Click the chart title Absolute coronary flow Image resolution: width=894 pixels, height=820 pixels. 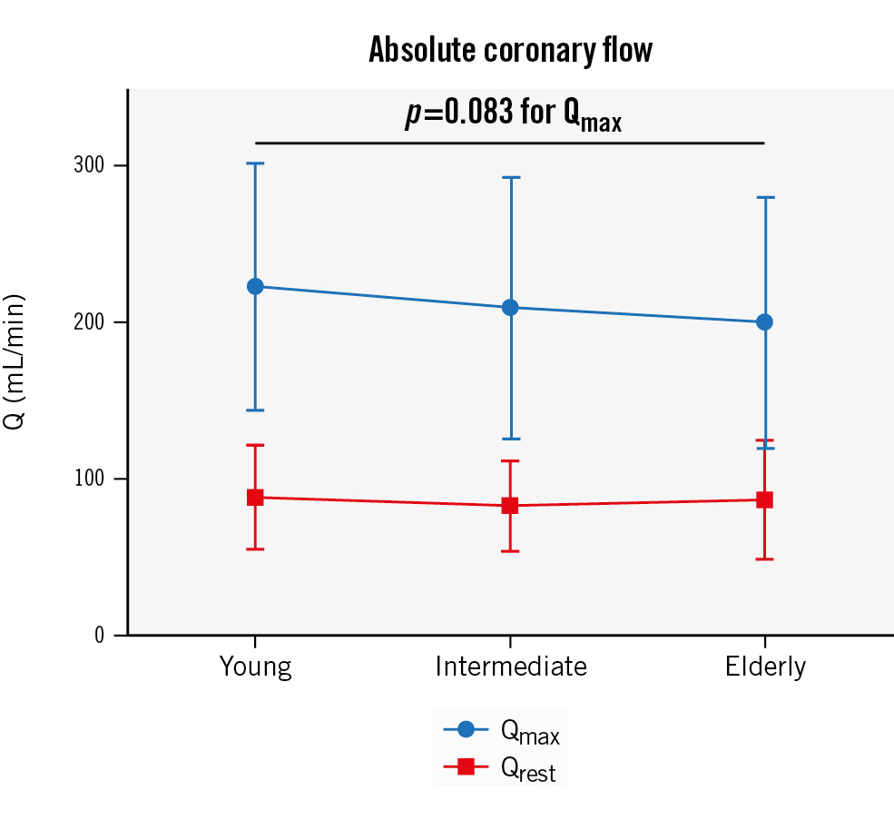[510, 50]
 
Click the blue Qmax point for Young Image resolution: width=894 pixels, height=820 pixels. [255, 287]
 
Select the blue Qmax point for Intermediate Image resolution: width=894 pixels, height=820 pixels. [510, 308]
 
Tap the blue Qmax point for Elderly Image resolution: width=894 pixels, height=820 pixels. [764, 322]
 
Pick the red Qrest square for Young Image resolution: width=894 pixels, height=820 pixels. [255, 498]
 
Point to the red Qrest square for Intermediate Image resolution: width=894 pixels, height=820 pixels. [510, 506]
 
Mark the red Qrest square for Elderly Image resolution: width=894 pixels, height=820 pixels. [764, 500]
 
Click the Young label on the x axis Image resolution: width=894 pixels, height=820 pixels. [255, 667]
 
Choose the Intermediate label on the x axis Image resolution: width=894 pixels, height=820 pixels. [510, 667]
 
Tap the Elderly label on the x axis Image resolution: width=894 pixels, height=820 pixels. [764, 667]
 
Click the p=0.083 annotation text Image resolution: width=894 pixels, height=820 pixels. [513, 116]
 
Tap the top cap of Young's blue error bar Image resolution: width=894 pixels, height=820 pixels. [255, 163]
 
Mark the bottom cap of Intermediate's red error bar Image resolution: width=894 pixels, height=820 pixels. [510, 551]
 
